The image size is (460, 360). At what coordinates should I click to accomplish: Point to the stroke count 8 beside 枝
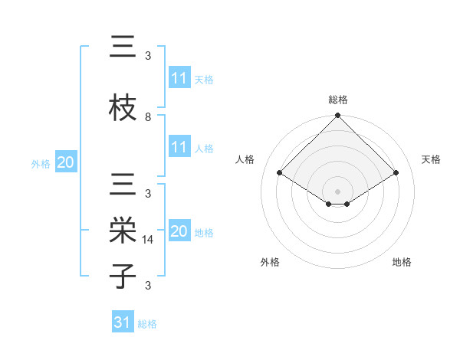[148, 116]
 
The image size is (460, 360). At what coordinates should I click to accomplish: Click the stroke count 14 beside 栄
[149, 240]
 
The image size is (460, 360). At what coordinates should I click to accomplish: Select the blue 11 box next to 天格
[179, 78]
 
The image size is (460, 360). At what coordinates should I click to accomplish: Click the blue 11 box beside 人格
[179, 147]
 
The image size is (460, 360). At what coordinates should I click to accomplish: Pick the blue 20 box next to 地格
[179, 231]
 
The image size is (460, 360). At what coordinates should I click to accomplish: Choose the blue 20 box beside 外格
[65, 162]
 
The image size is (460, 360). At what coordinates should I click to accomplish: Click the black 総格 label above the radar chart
[337, 100]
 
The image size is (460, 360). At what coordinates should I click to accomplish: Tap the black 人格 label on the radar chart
[245, 159]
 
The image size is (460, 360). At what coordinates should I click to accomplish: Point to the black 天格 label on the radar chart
[432, 159]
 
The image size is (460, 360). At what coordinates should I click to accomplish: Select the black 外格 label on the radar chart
[270, 262]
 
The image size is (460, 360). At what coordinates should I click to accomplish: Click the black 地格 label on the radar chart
[402, 262]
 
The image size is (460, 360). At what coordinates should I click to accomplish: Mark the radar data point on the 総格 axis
[337, 116]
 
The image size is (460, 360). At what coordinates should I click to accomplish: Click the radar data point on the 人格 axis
[280, 172]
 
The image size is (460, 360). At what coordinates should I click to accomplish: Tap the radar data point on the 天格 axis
[396, 172]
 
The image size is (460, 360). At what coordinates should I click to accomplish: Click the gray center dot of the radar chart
[337, 190]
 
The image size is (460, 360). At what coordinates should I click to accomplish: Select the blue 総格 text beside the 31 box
[147, 324]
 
